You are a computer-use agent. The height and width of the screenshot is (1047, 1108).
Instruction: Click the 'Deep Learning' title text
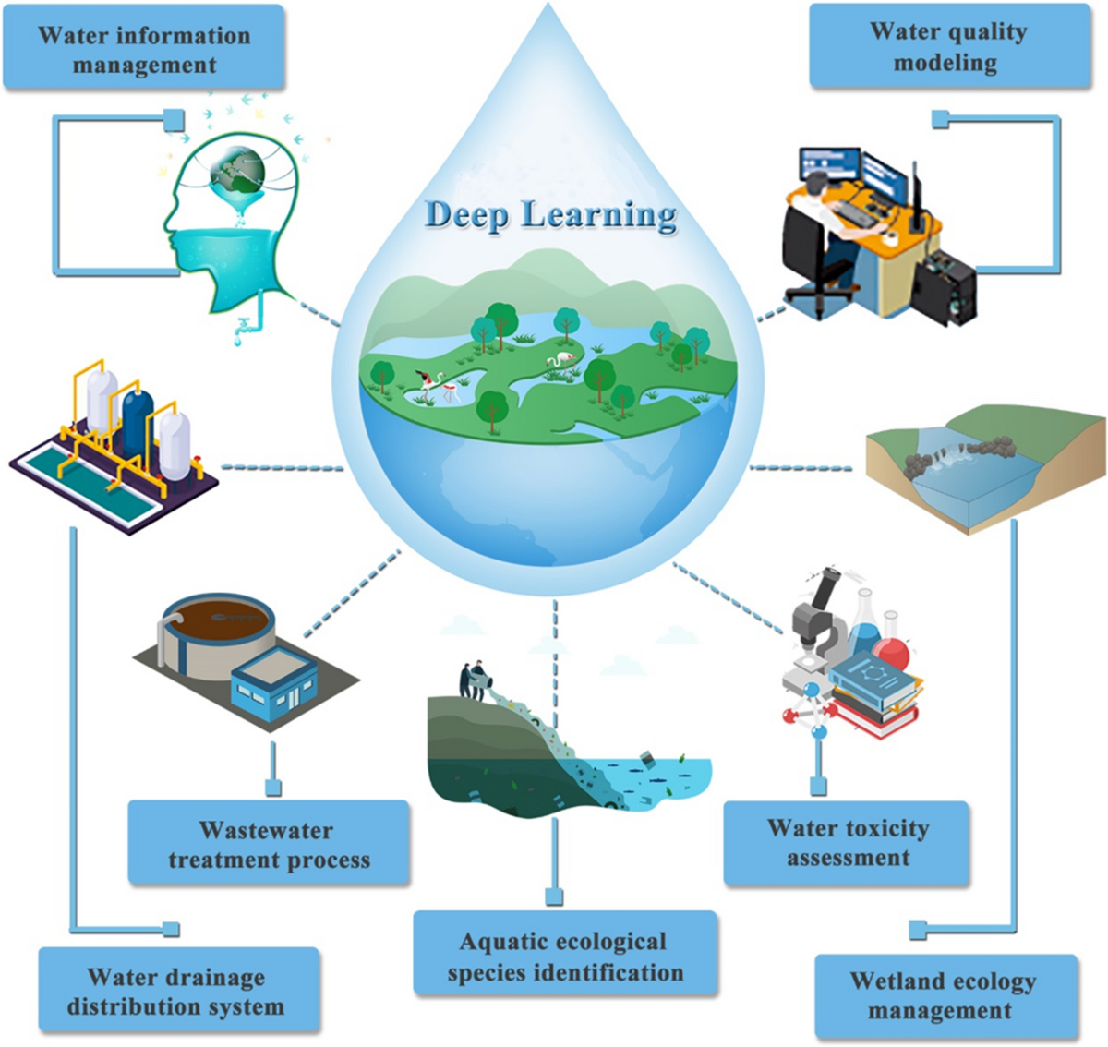pyautogui.click(x=551, y=215)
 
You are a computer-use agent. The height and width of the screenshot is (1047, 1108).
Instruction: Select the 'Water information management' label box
pyautogui.click(x=144, y=50)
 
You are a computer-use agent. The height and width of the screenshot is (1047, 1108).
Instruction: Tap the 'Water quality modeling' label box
pyautogui.click(x=948, y=47)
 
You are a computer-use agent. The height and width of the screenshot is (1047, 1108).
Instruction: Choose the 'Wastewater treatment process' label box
pyautogui.click(x=269, y=845)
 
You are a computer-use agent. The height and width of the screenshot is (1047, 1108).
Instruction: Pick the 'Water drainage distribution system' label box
pyautogui.click(x=178, y=992)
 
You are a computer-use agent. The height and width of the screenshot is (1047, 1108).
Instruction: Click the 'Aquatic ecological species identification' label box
pyautogui.click(x=565, y=957)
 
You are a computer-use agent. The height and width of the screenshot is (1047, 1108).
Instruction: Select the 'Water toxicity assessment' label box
pyautogui.click(x=848, y=843)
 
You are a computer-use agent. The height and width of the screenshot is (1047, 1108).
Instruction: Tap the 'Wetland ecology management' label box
pyautogui.click(x=945, y=995)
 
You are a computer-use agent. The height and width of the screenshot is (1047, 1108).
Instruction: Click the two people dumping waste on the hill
pyautogui.click(x=472, y=680)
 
